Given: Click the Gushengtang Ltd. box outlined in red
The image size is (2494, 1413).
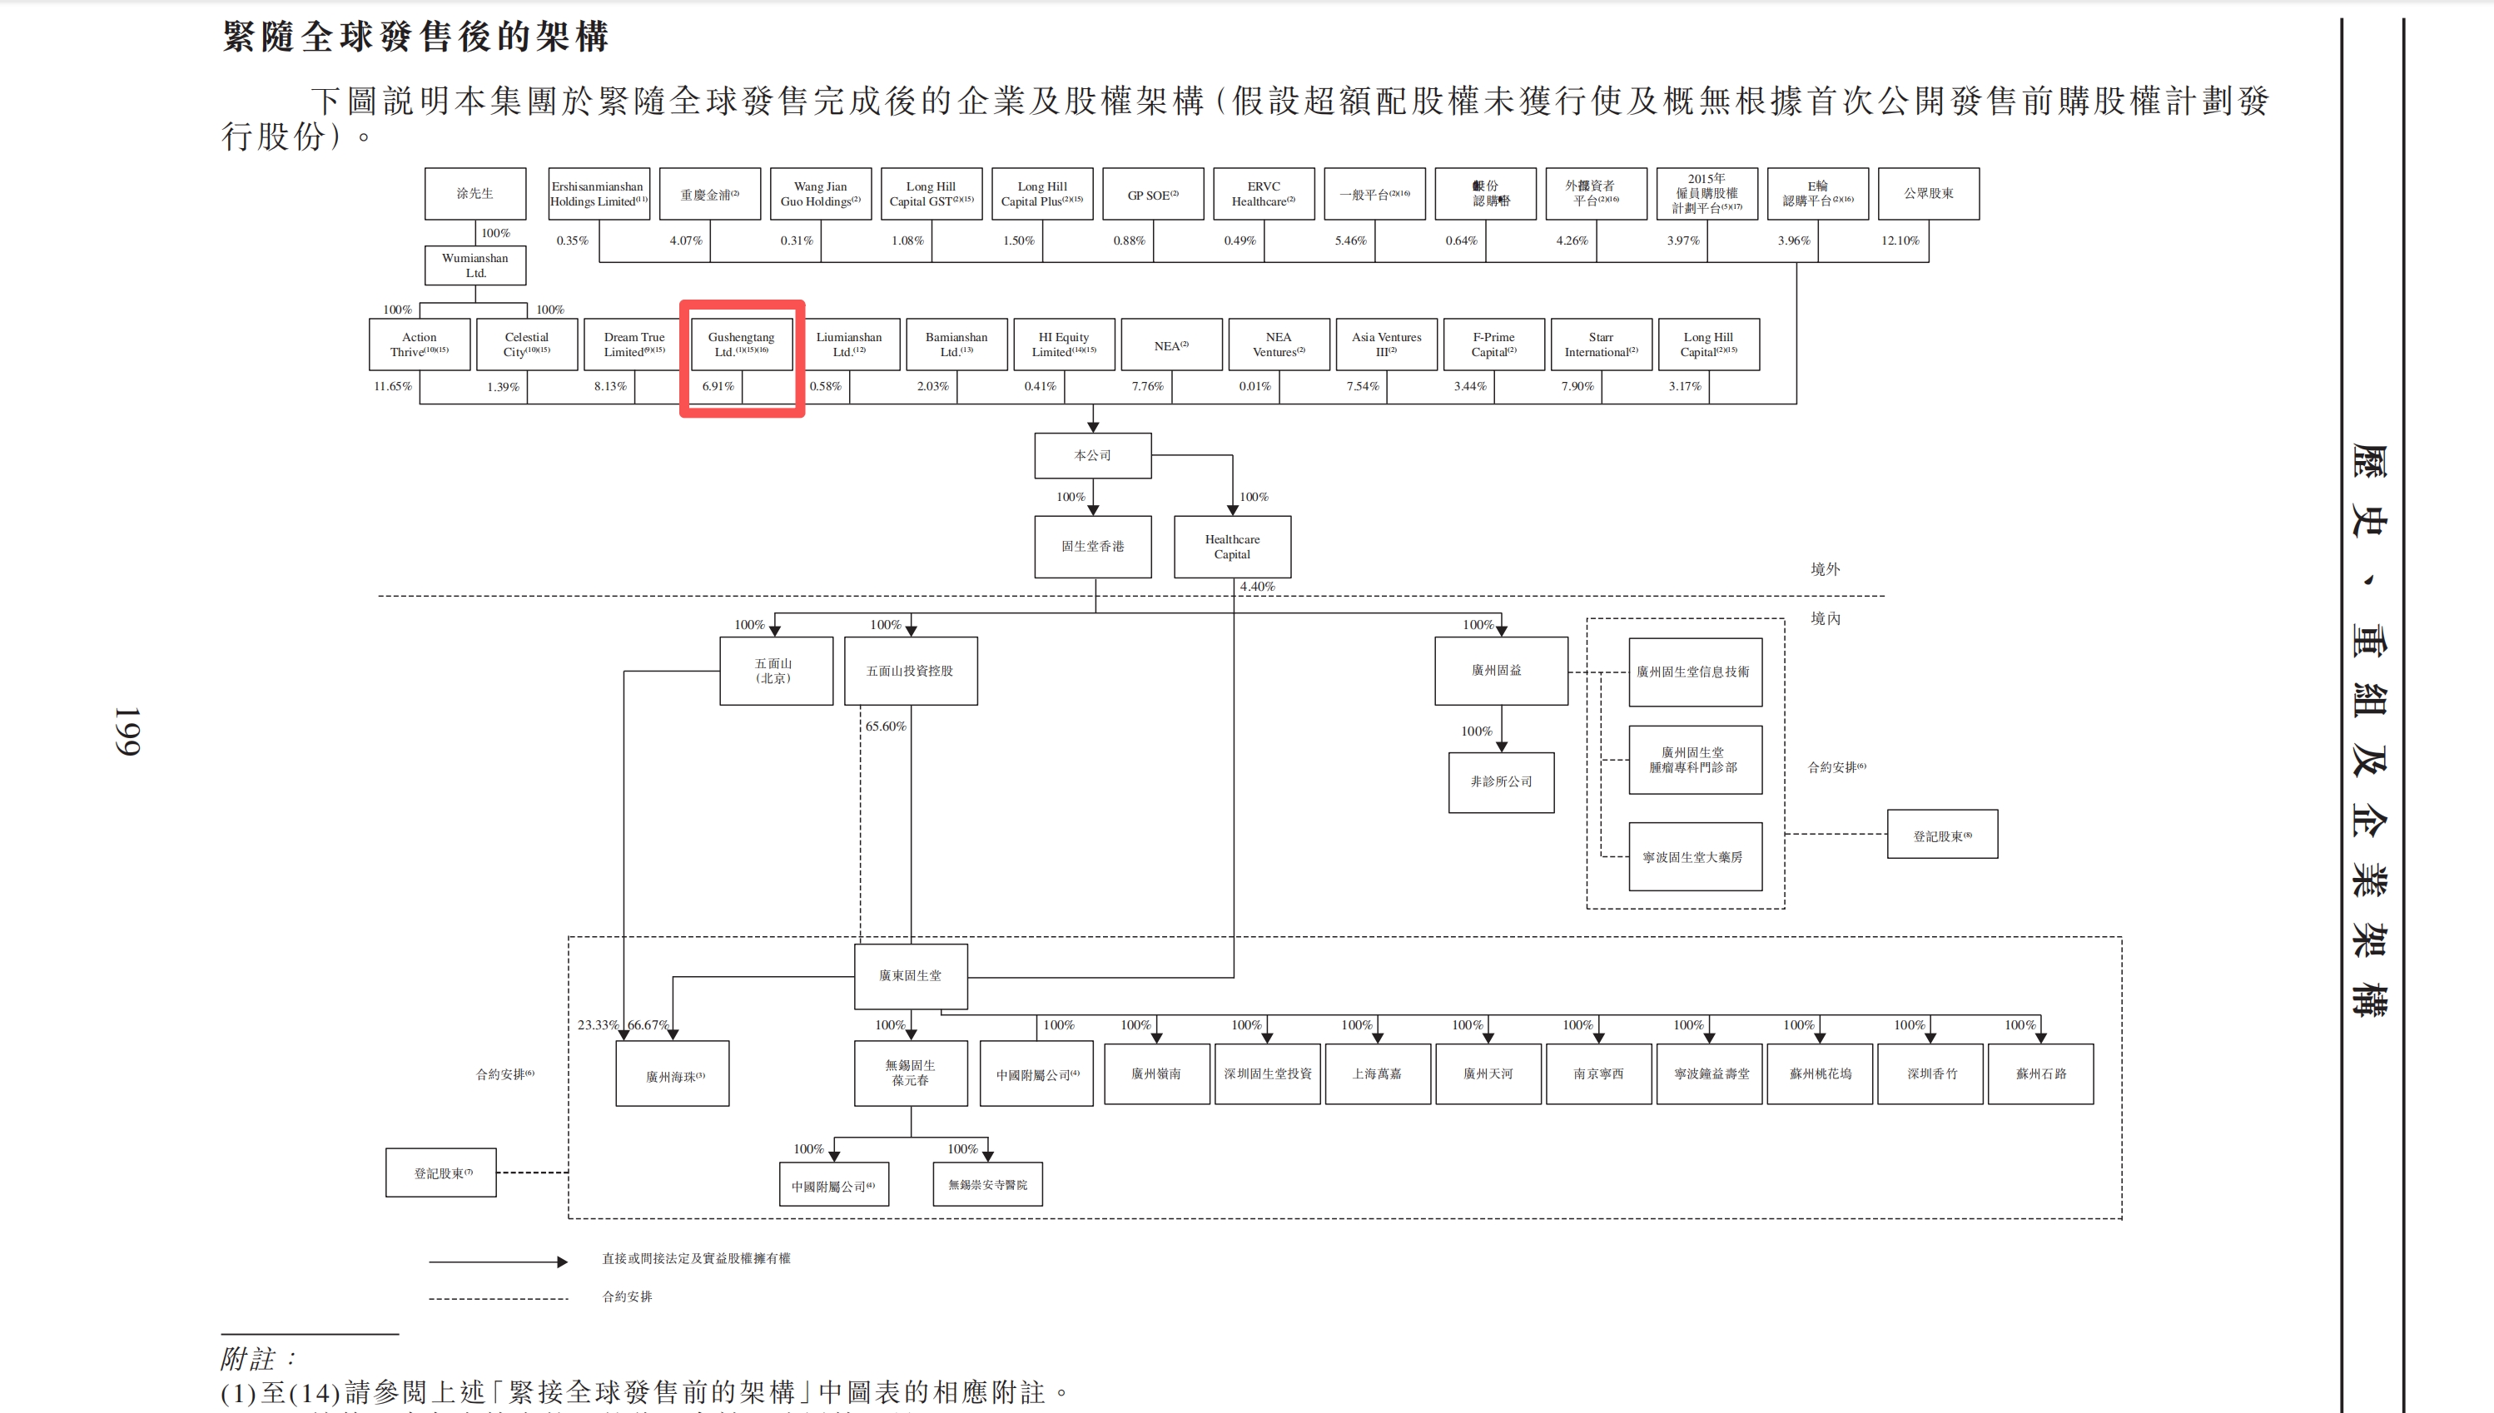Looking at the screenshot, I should (742, 345).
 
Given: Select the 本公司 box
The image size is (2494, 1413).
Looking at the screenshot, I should (1092, 455).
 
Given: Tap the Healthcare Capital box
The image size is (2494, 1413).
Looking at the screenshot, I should (1232, 547).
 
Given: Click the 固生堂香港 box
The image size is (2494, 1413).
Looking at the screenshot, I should (1092, 547).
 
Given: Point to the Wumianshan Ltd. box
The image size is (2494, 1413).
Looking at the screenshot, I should (474, 265).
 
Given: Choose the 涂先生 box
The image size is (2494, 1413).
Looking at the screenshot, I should (474, 193).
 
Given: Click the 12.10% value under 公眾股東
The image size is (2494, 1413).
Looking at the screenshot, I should (1899, 240).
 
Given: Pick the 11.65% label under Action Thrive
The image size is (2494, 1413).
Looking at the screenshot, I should (392, 386).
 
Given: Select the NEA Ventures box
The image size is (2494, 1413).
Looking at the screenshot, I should (1278, 345).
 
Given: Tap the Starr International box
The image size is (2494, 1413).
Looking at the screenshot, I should (1600, 345).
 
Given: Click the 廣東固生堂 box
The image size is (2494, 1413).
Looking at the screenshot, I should (910, 975).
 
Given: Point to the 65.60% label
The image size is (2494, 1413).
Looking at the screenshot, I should (886, 726).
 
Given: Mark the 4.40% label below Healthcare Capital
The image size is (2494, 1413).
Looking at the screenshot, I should (1256, 586).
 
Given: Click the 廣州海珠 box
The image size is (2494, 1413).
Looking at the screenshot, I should (673, 1074).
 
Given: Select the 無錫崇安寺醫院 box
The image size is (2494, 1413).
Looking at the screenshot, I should (987, 1185).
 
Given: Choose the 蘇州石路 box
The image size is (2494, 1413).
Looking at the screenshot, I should (2039, 1073).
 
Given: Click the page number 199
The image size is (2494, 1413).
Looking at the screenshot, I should (127, 731).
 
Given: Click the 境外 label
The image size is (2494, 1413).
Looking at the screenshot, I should (1824, 570).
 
